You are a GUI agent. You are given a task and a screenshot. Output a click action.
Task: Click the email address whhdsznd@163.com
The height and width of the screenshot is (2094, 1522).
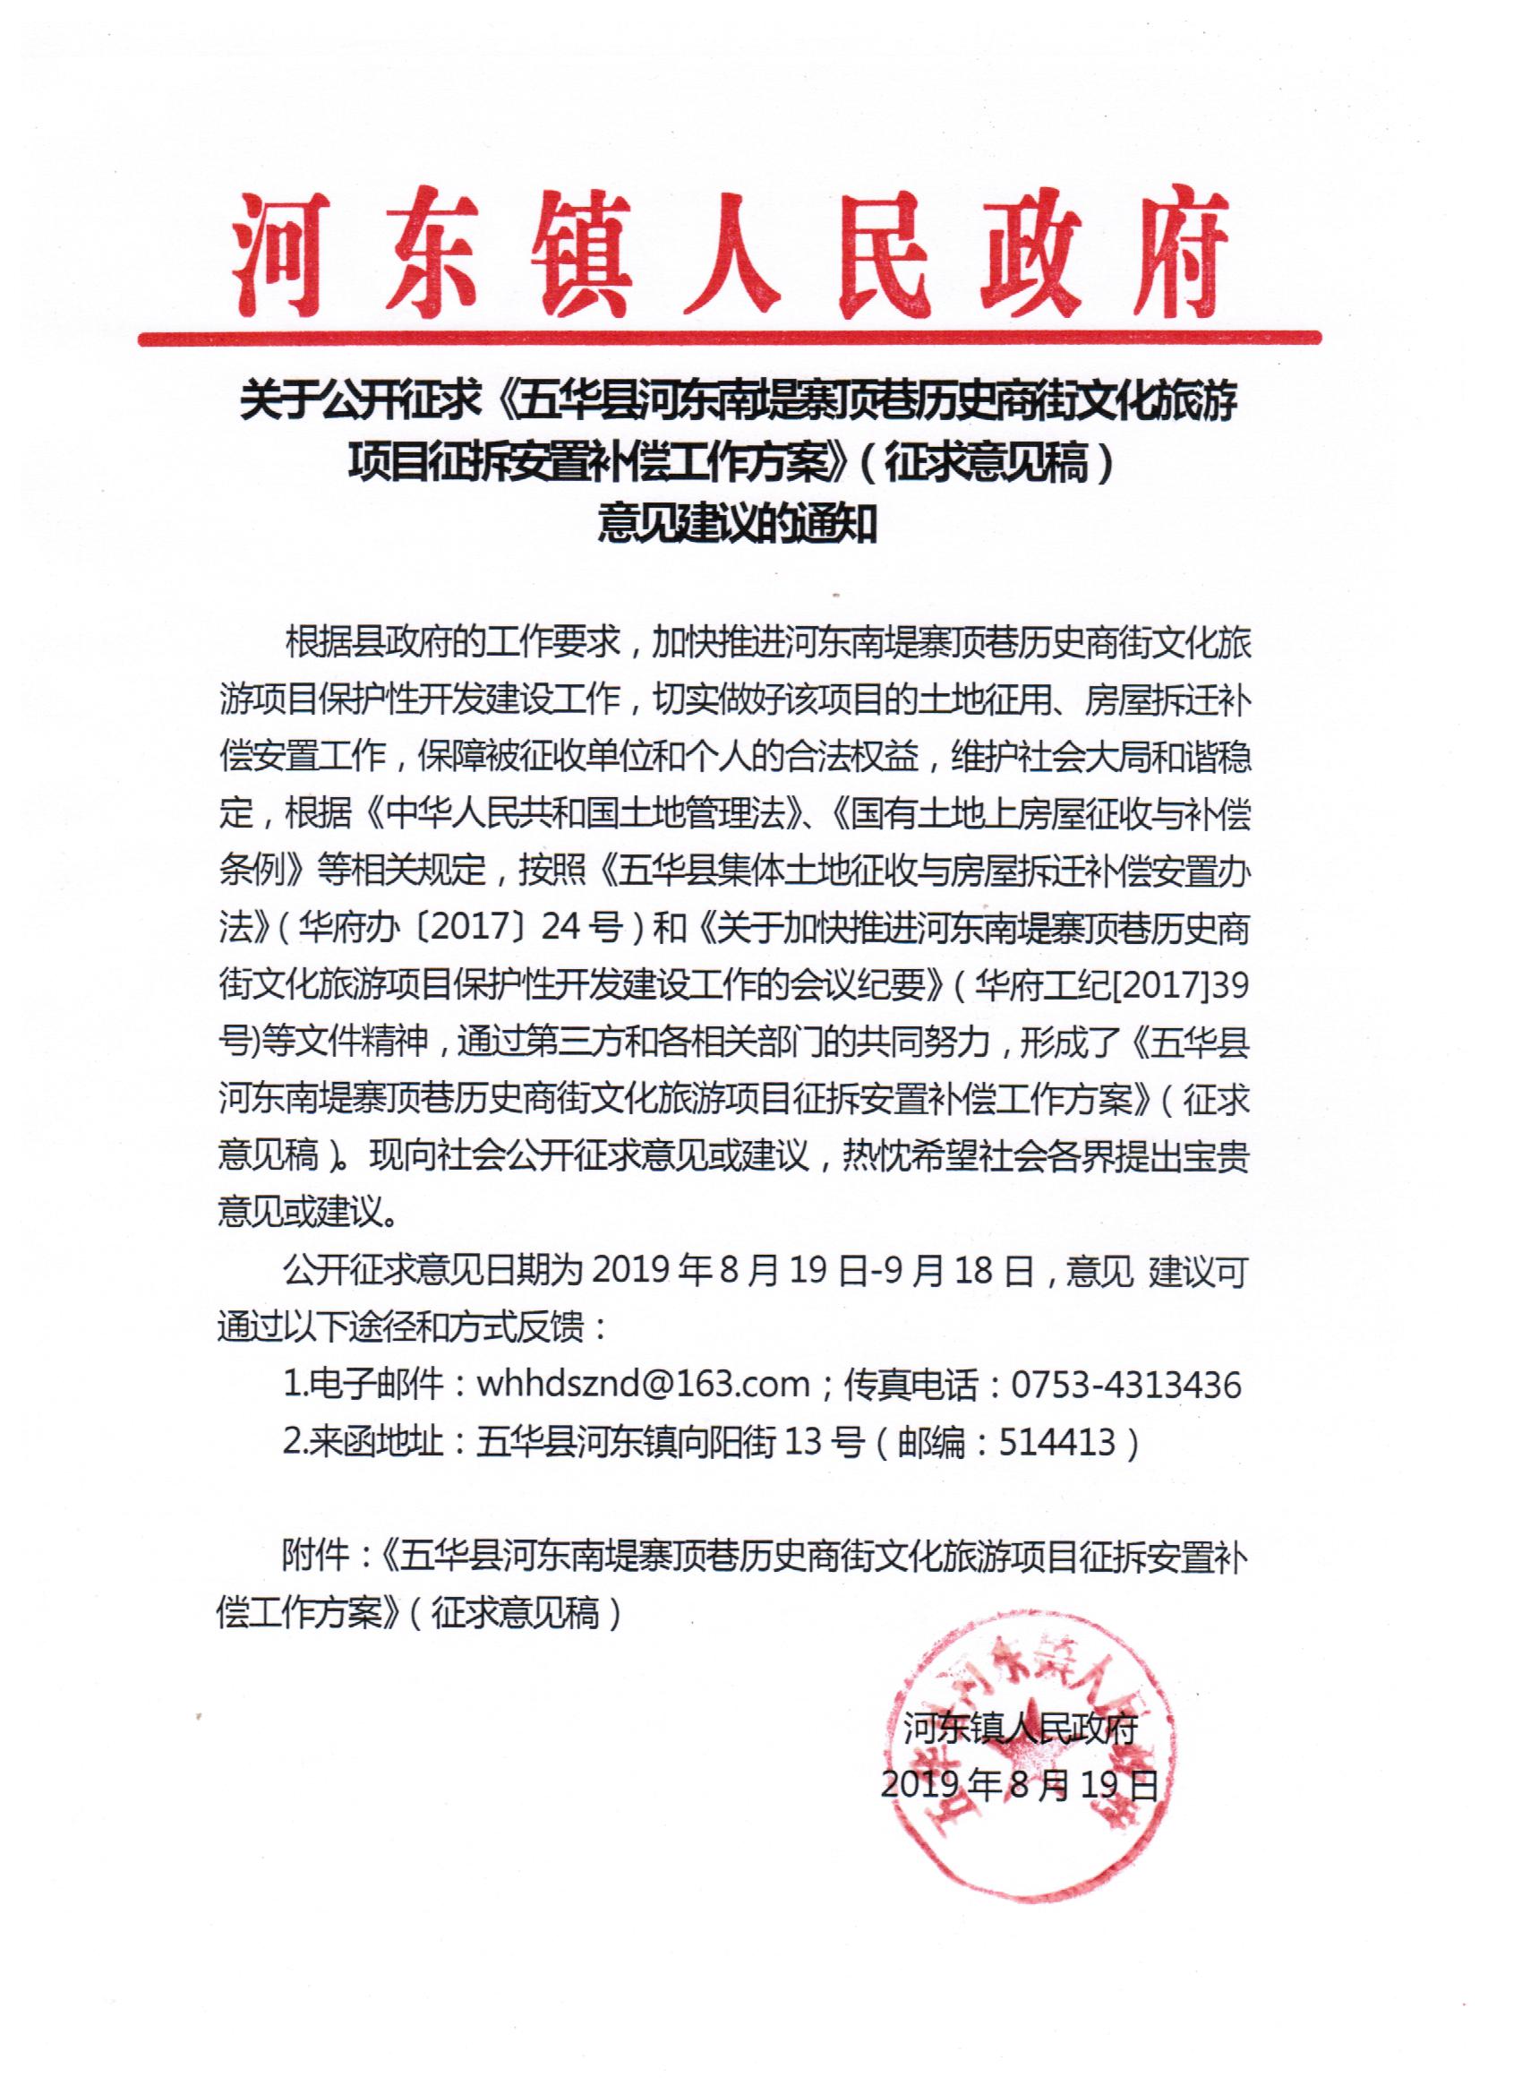click(x=643, y=1384)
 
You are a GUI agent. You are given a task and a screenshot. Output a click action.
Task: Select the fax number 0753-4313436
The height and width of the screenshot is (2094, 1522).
click(x=1126, y=1384)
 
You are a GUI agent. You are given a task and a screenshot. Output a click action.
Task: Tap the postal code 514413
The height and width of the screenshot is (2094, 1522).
click(x=1056, y=1441)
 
